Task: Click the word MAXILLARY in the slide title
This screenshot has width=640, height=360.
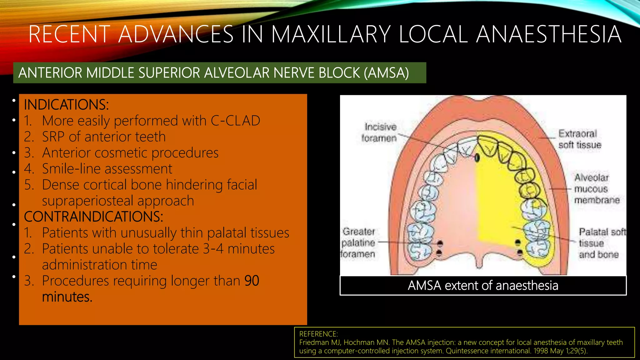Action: (x=331, y=34)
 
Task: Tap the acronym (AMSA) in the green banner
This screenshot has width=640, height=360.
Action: (x=386, y=73)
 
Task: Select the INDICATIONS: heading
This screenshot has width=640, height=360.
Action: (x=66, y=105)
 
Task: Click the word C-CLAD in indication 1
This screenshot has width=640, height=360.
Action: (x=235, y=121)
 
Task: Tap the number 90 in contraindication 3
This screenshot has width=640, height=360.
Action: (x=252, y=281)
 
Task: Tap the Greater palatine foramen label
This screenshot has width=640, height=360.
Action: (x=358, y=242)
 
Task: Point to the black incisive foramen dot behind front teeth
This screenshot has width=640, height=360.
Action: (x=477, y=158)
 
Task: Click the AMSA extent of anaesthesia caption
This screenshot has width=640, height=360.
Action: (x=483, y=286)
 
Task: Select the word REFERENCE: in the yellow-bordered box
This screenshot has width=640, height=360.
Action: (x=318, y=334)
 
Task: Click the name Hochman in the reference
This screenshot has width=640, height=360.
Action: (x=357, y=342)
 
